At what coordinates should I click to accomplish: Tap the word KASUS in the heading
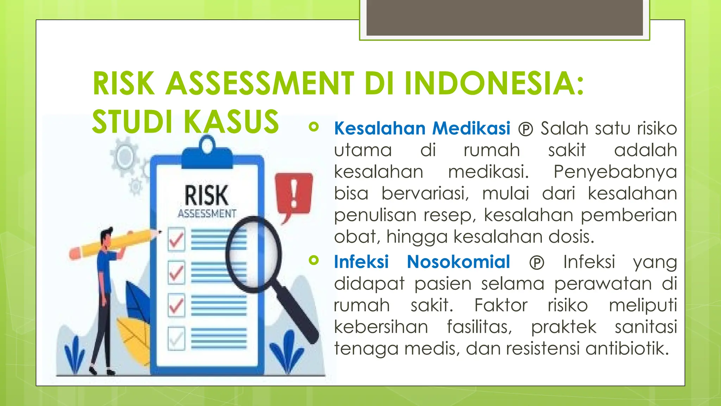click(231, 122)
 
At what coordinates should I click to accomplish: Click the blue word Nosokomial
click(458, 262)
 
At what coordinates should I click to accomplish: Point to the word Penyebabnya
click(615, 172)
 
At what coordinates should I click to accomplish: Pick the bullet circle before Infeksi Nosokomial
click(313, 260)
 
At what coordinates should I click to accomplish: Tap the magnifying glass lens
click(253, 253)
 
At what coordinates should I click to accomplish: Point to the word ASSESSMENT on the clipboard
click(207, 214)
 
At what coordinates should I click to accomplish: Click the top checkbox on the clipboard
click(176, 240)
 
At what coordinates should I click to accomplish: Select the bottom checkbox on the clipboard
click(176, 338)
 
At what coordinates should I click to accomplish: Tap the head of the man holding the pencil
click(107, 237)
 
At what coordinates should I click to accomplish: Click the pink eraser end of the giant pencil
click(75, 253)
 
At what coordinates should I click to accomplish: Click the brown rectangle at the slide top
click(504, 18)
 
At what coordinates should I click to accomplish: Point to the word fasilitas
click(479, 327)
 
